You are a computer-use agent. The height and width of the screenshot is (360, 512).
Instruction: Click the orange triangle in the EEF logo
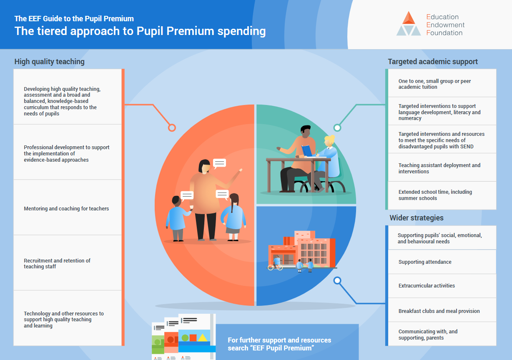pyautogui.click(x=409, y=18)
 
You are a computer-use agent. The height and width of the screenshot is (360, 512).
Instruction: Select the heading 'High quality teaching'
pyautogui.click(x=49, y=62)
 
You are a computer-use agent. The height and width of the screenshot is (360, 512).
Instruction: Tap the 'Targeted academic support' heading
pyautogui.click(x=433, y=62)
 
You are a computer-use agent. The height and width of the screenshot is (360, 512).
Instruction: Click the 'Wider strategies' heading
pyautogui.click(x=417, y=218)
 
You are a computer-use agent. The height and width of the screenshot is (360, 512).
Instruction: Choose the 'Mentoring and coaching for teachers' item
pyautogui.click(x=66, y=209)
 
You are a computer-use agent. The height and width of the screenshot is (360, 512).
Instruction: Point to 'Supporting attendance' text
pyautogui.click(x=425, y=262)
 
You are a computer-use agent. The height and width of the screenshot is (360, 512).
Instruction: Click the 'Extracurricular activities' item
pyautogui.click(x=427, y=286)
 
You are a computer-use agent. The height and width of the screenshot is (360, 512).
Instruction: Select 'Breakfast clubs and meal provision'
pyautogui.click(x=439, y=311)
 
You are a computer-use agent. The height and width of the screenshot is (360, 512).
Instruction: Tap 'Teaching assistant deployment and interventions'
pyautogui.click(x=439, y=168)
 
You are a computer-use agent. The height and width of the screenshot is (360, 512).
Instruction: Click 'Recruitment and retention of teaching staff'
pyautogui.click(x=57, y=264)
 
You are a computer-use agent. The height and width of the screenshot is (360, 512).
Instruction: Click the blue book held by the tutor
pyautogui.click(x=307, y=151)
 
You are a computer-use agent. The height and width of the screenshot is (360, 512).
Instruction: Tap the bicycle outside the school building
pyautogui.click(x=275, y=267)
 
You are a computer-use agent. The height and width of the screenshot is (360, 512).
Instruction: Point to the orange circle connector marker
pyautogui.click(x=172, y=127)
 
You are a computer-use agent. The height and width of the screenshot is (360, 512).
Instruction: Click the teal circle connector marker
pyautogui.click(x=337, y=127)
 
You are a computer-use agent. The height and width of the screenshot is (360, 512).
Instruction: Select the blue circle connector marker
pyautogui.click(x=337, y=280)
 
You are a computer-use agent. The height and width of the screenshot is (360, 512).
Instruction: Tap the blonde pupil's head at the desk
pyautogui.click(x=329, y=141)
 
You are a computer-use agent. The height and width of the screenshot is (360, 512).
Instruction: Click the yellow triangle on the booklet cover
pyautogui.click(x=203, y=337)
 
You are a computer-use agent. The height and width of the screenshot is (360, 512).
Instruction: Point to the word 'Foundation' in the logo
pyautogui.click(x=444, y=33)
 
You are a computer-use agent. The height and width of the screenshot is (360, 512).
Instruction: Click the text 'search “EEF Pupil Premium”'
pyautogui.click(x=271, y=348)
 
